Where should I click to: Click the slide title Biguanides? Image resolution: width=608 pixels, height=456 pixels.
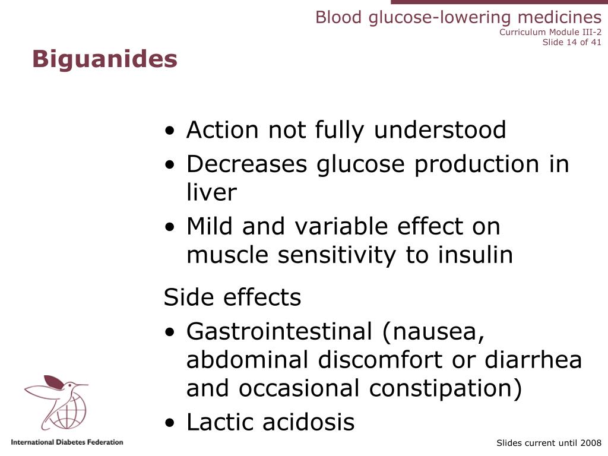[x=104, y=59]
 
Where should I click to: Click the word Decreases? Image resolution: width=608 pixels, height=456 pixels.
[x=246, y=164]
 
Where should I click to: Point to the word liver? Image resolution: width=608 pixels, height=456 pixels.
[x=211, y=192]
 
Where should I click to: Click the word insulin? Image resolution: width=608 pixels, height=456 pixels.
[x=475, y=255]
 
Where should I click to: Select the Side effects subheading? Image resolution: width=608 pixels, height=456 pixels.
[x=232, y=297]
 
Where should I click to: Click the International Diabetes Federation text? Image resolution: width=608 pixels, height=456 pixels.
[x=67, y=442]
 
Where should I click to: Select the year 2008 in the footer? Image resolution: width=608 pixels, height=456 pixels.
[x=591, y=443]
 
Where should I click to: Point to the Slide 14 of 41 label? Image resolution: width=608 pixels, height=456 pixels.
[x=572, y=42]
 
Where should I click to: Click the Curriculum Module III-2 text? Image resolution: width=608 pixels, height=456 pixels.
[x=550, y=32]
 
